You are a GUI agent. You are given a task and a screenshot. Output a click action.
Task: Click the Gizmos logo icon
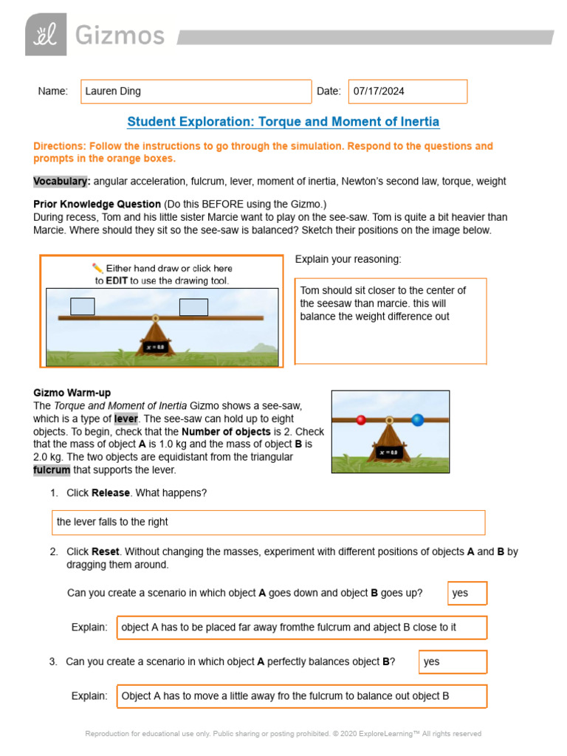coord(45,35)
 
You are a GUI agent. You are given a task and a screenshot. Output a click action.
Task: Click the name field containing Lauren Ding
coord(196,92)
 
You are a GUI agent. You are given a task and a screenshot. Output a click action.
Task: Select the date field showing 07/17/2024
coord(407,92)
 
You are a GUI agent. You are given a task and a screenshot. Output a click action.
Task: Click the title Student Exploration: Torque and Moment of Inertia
coord(283,122)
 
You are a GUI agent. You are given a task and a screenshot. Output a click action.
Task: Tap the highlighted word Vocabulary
coord(61,181)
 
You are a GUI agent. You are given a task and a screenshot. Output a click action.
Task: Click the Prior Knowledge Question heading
coord(97,204)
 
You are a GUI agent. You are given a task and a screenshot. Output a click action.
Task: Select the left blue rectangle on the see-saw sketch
coord(82,306)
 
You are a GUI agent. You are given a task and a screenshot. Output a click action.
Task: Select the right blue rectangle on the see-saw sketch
coord(193,306)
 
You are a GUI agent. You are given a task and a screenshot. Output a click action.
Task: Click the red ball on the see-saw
coord(361,420)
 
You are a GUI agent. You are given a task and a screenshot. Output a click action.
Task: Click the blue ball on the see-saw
coord(417,420)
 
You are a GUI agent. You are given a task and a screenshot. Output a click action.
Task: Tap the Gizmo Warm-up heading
coord(72,393)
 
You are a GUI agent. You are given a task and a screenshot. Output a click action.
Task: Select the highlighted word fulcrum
coord(52,470)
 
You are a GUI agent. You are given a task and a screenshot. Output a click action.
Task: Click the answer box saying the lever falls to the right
coord(268,522)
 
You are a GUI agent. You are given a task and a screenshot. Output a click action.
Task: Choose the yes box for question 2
coord(467,593)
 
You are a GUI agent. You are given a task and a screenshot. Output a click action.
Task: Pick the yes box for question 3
coord(453,661)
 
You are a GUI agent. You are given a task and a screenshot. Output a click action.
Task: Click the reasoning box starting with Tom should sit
coord(391,320)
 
